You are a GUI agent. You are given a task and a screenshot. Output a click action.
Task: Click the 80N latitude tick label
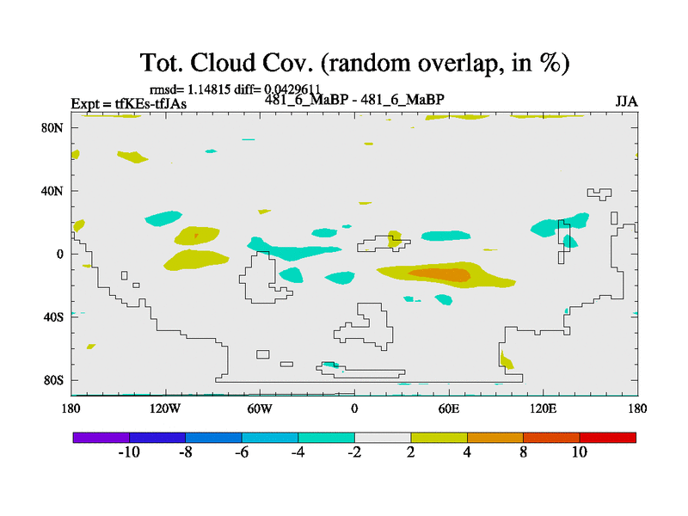[52, 127]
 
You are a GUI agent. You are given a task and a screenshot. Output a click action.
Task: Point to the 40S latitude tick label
[53, 317]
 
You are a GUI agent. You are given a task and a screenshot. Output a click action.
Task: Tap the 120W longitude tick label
[165, 409]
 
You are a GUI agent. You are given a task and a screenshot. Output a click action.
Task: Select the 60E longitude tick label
[449, 409]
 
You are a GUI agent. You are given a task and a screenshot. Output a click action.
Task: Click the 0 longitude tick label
[354, 409]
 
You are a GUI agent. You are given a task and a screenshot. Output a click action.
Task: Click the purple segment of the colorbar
[101, 438]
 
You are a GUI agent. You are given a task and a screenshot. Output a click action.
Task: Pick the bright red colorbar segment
[608, 438]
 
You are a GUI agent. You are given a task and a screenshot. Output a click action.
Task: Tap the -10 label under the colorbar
[129, 452]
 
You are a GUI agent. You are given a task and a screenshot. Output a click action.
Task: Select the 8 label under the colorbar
[523, 452]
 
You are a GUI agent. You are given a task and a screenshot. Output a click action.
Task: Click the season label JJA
[627, 101]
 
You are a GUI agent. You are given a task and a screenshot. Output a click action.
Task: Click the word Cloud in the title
[223, 62]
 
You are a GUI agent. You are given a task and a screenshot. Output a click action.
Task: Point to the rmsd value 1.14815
[209, 89]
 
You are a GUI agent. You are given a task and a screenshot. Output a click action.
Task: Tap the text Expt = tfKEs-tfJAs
[129, 104]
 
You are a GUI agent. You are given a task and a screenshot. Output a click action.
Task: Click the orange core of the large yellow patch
[439, 274]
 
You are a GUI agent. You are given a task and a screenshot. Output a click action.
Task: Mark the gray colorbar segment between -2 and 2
[383, 438]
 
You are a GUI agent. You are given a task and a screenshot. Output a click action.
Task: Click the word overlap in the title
[458, 63]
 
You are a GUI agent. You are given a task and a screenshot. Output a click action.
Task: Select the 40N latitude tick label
[52, 191]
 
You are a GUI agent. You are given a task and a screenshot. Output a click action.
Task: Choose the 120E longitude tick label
[544, 409]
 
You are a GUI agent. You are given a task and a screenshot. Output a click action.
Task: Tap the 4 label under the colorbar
[467, 452]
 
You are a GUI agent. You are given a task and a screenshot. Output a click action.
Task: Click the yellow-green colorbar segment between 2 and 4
[439, 438]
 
